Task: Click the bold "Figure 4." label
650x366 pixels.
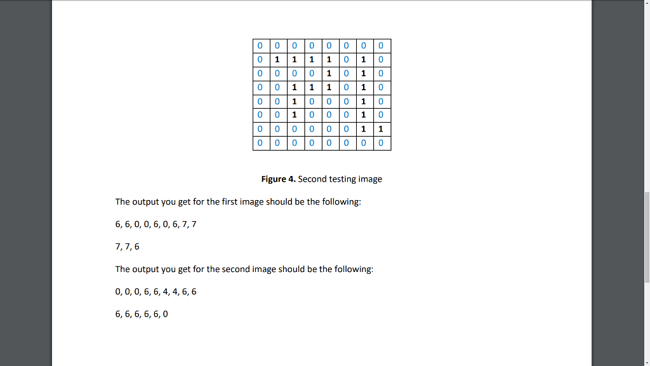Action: [x=278, y=179]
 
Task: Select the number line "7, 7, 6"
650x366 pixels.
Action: [x=128, y=247]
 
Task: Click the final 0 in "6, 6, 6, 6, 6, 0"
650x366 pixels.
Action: [x=166, y=314]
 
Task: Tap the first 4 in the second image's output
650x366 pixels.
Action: [x=162, y=292]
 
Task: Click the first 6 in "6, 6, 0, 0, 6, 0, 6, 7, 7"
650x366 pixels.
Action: [x=118, y=224]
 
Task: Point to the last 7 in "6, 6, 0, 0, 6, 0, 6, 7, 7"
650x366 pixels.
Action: [x=194, y=224]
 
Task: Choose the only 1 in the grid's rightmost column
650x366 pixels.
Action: [x=380, y=130]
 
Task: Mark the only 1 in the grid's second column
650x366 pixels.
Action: [x=276, y=60]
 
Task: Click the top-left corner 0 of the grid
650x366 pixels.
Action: [x=260, y=46]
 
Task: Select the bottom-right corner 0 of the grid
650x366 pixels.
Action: [x=380, y=144]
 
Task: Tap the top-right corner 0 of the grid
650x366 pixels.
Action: [x=380, y=46]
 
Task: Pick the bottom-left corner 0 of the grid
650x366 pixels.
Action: [x=260, y=144]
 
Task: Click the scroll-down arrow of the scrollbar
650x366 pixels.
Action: [x=646, y=362]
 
